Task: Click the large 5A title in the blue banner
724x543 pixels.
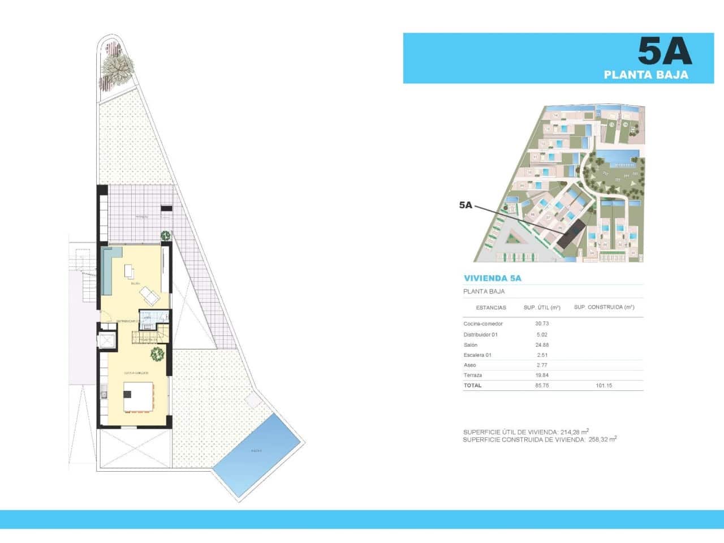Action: tap(665, 51)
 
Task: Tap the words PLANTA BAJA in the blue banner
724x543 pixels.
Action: tap(646, 75)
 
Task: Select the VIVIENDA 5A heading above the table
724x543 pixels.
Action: tap(492, 278)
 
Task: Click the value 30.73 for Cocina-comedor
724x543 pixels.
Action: tap(542, 324)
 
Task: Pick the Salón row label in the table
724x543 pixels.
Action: tap(471, 345)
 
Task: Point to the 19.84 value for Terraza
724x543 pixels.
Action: tap(542, 376)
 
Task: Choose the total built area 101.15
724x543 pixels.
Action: tap(604, 386)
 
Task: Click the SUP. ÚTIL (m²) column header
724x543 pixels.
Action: tap(542, 308)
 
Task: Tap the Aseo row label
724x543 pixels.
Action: tap(469, 365)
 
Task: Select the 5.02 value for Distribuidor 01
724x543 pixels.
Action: tap(542, 335)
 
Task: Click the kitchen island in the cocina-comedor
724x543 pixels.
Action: tap(139, 397)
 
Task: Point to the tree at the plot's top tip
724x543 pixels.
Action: tap(117, 67)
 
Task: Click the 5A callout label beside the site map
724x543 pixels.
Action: tap(466, 205)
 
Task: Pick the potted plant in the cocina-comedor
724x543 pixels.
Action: tap(157, 354)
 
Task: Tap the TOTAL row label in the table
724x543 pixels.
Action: tap(472, 386)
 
